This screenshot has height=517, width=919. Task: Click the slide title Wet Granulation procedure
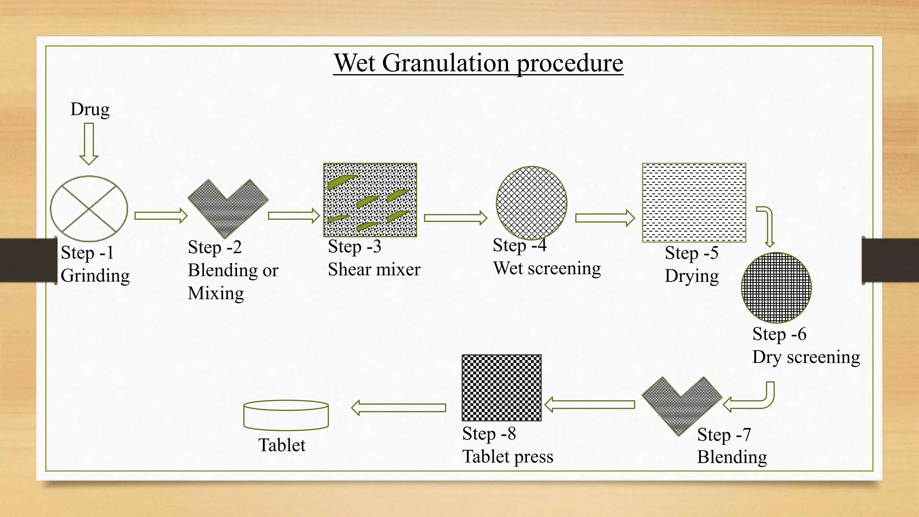(x=478, y=63)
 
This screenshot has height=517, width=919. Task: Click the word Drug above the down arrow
(x=90, y=109)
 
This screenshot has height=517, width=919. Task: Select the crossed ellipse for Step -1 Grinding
(x=89, y=209)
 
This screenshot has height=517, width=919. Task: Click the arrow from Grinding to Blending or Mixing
(x=161, y=216)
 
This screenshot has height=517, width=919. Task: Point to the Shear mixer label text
(x=374, y=269)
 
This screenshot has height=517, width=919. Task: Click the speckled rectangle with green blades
(x=370, y=200)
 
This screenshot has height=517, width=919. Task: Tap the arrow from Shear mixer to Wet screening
(x=455, y=218)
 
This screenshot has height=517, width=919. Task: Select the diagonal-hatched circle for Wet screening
(x=531, y=203)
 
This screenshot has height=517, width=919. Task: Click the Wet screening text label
(x=547, y=268)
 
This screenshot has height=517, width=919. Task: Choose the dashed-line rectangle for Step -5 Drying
(x=694, y=203)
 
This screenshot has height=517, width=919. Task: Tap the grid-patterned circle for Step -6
(x=776, y=288)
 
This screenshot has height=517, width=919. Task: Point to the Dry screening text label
(x=806, y=357)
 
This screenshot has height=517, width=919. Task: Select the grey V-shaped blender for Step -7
(x=681, y=402)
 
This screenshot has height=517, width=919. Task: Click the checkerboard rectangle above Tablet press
(x=502, y=388)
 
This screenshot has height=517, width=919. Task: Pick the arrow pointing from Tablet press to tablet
(x=398, y=408)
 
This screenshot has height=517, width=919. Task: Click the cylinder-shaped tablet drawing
(x=286, y=415)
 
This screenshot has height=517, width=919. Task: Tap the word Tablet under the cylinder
(x=282, y=445)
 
